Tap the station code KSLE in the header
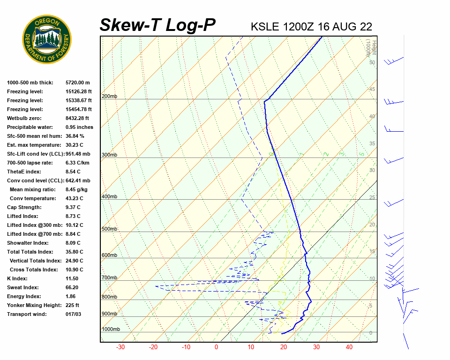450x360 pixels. (265, 26)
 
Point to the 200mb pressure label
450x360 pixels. (109, 97)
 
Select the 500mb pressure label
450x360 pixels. (109, 229)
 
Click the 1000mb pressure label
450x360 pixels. (111, 329)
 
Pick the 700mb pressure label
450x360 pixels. (109, 278)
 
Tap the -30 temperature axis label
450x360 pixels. (120, 347)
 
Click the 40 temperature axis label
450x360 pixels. (349, 347)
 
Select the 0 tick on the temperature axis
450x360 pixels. (216, 347)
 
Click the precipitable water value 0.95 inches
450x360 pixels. (79, 127)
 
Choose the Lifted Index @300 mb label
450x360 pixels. (34, 225)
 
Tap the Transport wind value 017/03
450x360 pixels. (74, 314)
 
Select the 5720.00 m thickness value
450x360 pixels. (77, 82)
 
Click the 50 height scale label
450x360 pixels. (372, 62)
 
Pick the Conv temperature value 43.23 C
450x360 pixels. (75, 198)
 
